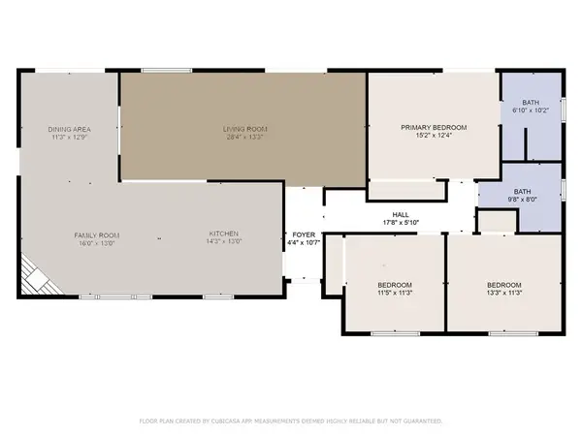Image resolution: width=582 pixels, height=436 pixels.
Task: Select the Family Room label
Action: coord(96,234)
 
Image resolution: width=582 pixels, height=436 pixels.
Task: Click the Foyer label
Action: coord(304,234)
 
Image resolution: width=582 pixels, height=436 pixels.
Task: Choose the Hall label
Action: coord(401,214)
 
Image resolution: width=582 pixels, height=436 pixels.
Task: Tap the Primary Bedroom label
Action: coord(435,128)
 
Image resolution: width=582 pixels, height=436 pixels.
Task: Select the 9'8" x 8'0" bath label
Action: coord(523,191)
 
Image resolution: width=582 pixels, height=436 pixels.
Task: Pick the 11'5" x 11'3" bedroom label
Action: coord(395,284)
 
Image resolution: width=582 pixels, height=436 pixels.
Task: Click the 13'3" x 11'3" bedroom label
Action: coord(504,284)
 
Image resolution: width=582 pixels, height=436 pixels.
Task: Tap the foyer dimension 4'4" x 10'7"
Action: coord(304,242)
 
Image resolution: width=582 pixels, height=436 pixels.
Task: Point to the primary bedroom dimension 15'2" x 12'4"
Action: coord(435,136)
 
